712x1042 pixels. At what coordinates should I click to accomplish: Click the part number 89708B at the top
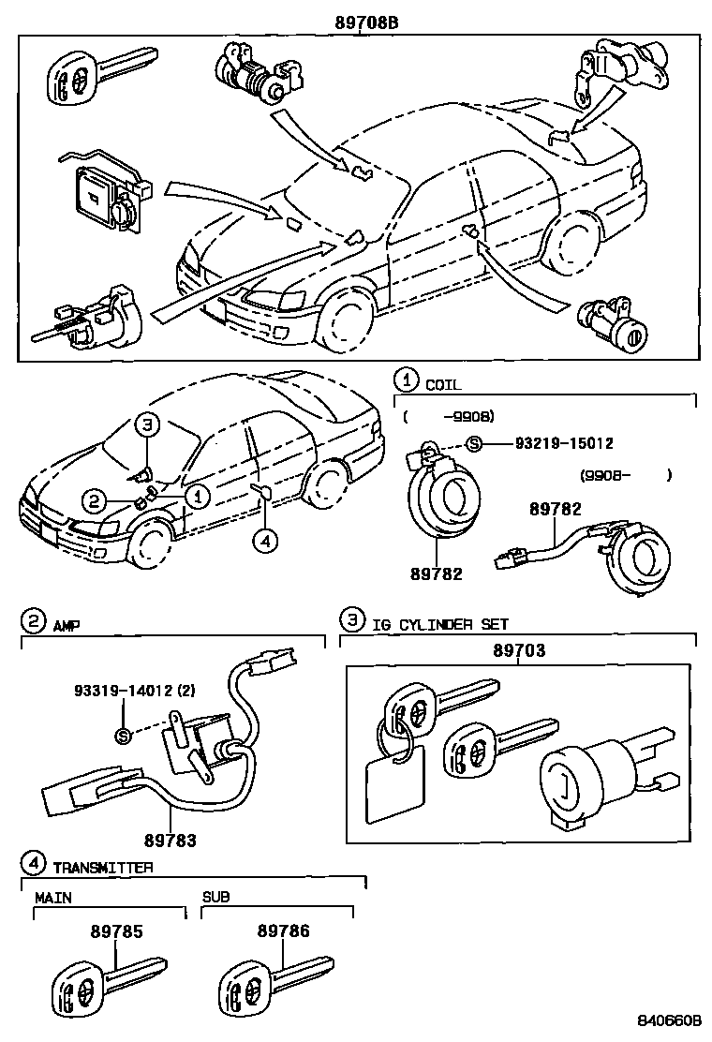click(x=367, y=22)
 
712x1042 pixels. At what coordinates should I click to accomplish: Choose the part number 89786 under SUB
click(x=283, y=931)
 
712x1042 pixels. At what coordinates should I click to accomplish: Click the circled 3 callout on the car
click(x=147, y=424)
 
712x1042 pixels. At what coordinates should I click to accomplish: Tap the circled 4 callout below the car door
click(x=266, y=541)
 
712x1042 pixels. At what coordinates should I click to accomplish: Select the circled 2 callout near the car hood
click(x=93, y=502)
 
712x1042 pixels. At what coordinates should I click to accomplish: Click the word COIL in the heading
click(x=443, y=384)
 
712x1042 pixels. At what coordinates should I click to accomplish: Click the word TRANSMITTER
click(x=102, y=867)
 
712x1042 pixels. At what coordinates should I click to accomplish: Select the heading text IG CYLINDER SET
click(x=440, y=623)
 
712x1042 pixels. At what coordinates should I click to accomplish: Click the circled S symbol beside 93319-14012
click(x=122, y=736)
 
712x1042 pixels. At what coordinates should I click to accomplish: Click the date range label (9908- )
click(x=625, y=475)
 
